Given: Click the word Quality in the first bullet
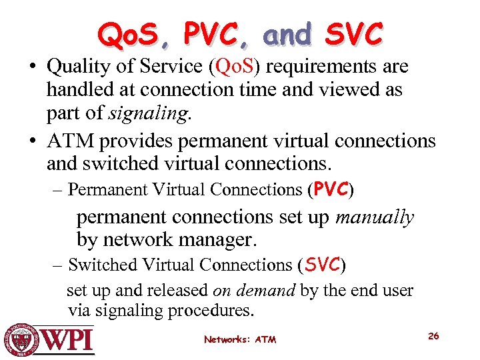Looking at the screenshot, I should point(77,67).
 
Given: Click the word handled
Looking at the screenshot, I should point(76,90).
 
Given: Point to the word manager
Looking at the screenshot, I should point(221,240).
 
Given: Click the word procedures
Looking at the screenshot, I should point(216,311).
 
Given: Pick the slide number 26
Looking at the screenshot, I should point(433,336).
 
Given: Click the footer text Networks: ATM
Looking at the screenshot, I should point(240,339).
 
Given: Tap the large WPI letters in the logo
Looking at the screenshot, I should point(69,340).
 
